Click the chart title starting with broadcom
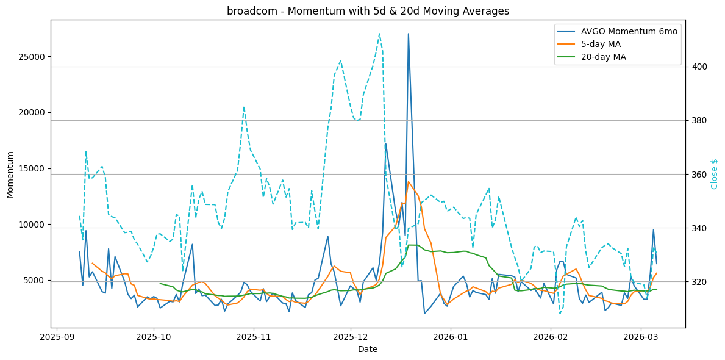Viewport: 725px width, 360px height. coord(368,11)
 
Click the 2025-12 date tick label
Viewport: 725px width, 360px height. coord(351,336)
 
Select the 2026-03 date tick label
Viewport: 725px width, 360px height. coord(641,336)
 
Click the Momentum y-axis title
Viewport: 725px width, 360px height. coord(10,174)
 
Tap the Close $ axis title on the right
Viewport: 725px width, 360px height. coord(715,174)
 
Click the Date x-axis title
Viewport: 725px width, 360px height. coord(368,349)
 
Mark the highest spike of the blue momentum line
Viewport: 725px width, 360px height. coord(408,34)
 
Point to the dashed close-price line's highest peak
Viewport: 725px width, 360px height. coord(379,34)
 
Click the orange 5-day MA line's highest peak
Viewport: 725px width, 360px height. coord(408,181)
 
